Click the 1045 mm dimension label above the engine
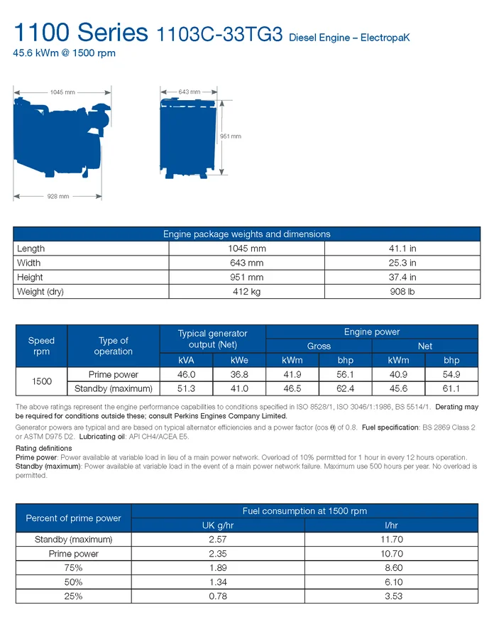[x=62, y=92]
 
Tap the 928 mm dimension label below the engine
[x=58, y=196]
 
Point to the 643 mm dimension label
[x=190, y=92]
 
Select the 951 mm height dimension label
[x=231, y=136]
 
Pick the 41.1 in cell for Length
[x=402, y=248]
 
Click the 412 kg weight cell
[x=246, y=292]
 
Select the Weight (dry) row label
[x=40, y=292]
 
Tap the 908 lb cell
[x=402, y=292]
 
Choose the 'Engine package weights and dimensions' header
[x=246, y=234]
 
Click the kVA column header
[x=185, y=360]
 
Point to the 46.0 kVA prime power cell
[x=185, y=374]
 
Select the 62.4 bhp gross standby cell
[x=346, y=388]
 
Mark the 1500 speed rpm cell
[x=42, y=381]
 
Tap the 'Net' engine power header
[x=425, y=346]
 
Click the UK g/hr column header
[x=218, y=525]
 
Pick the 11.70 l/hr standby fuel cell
[x=392, y=540]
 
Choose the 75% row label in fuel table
[x=74, y=568]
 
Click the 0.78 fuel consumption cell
[x=218, y=596]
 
